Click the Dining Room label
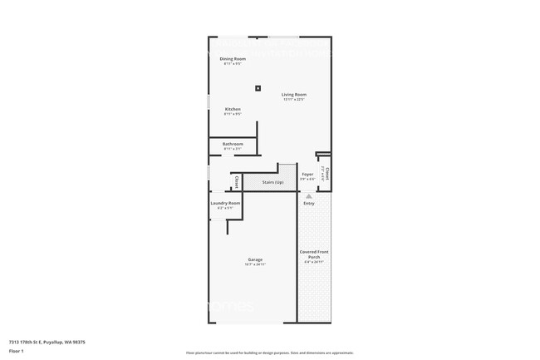coord(233,59)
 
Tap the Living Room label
coord(293,95)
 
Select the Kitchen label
coord(233,109)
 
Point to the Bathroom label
coord(233,144)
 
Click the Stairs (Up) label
coord(273,181)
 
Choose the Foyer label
coord(307,175)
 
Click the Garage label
coord(255,259)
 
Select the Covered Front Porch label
coord(314,254)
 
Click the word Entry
coord(309,203)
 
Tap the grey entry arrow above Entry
coord(309,196)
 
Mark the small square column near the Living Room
coord(258,87)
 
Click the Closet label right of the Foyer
coord(327,175)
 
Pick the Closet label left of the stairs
coord(237,181)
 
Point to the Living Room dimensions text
coord(293,100)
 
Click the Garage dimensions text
coord(255,264)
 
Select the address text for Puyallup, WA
coord(47,342)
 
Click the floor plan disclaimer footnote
coord(270,353)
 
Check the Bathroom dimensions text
coord(233,149)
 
